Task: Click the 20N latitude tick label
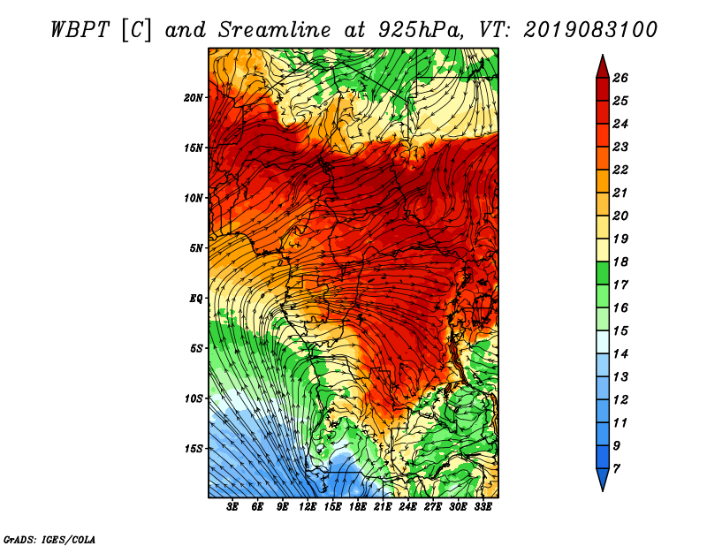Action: [194, 98]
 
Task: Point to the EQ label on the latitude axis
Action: [196, 299]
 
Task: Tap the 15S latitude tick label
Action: [194, 449]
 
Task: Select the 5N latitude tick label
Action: [196, 248]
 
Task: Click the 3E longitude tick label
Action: [232, 507]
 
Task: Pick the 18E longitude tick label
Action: [358, 507]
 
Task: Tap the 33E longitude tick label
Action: [483, 507]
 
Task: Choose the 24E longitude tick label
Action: [407, 507]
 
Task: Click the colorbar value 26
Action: [620, 78]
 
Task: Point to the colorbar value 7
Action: [616, 469]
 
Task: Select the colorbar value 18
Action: [620, 262]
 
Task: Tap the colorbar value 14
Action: [620, 354]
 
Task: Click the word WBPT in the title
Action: [80, 30]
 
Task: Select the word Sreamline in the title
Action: [275, 30]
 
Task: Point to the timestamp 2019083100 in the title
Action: [589, 30]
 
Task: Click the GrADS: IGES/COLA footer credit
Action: [49, 539]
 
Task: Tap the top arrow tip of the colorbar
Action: [603, 55]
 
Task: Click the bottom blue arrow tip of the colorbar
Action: [603, 491]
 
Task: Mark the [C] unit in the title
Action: [136, 30]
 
